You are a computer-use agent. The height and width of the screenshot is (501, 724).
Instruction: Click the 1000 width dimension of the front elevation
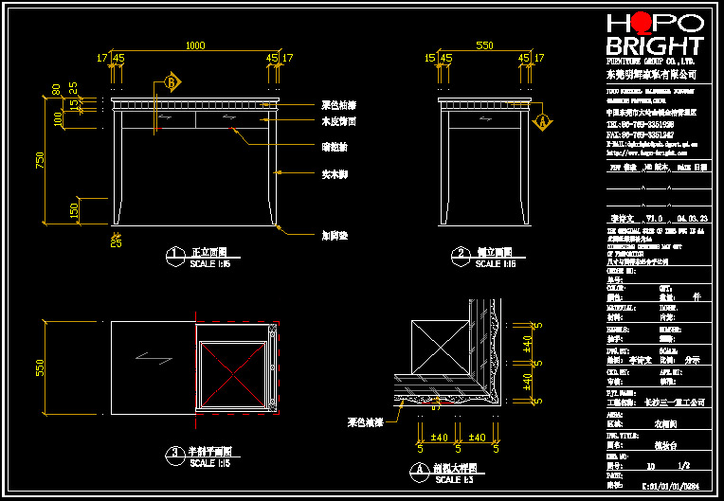point(194,45)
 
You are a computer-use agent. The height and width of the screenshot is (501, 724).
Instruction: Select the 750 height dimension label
point(40,160)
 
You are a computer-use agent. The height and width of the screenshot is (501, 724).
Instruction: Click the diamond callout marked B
point(172,82)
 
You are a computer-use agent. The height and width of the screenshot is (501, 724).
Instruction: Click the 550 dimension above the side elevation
point(483,45)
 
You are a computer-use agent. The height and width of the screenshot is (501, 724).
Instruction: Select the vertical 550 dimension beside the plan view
point(40,367)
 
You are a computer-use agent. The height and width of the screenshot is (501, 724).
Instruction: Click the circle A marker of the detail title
point(418,469)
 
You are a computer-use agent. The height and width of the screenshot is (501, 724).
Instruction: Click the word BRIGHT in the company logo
point(654,46)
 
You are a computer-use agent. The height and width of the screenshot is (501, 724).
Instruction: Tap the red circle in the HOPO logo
point(642,23)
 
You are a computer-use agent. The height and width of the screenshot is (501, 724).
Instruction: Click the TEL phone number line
point(640,124)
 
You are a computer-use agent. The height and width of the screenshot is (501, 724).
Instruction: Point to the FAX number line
point(640,134)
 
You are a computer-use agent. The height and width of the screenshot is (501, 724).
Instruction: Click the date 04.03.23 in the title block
point(693,217)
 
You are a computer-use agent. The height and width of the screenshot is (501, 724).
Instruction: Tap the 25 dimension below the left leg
point(116,242)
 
